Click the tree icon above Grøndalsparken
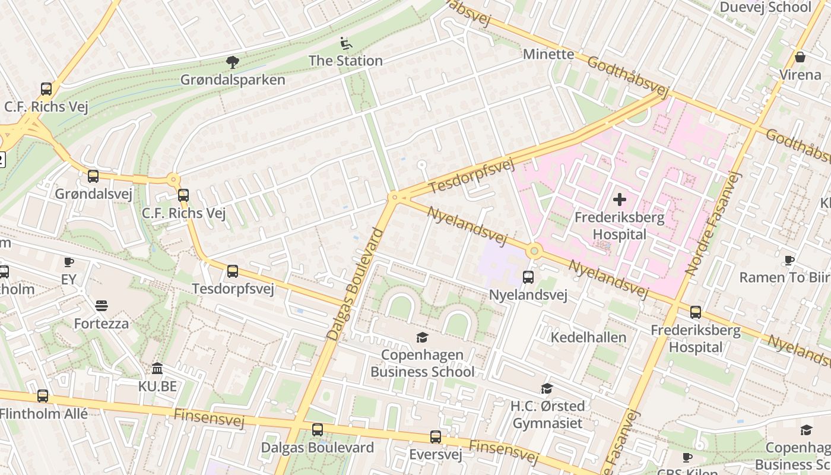coord(233,62)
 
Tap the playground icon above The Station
coord(345,43)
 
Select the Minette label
coord(548,55)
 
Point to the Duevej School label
coord(765,7)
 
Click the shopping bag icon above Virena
coord(800,58)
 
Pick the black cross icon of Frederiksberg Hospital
coord(619,199)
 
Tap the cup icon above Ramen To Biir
coord(789,261)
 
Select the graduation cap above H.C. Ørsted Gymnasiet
coord(547,389)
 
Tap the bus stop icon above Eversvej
coord(435,438)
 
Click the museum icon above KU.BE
coord(157,369)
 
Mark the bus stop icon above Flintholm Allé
coord(42,396)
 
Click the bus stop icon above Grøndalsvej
coord(93,176)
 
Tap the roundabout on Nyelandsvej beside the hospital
coord(534,251)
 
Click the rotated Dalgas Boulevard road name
coord(355,284)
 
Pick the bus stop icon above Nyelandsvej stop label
coord(528,277)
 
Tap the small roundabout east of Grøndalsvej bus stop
coord(173,179)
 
